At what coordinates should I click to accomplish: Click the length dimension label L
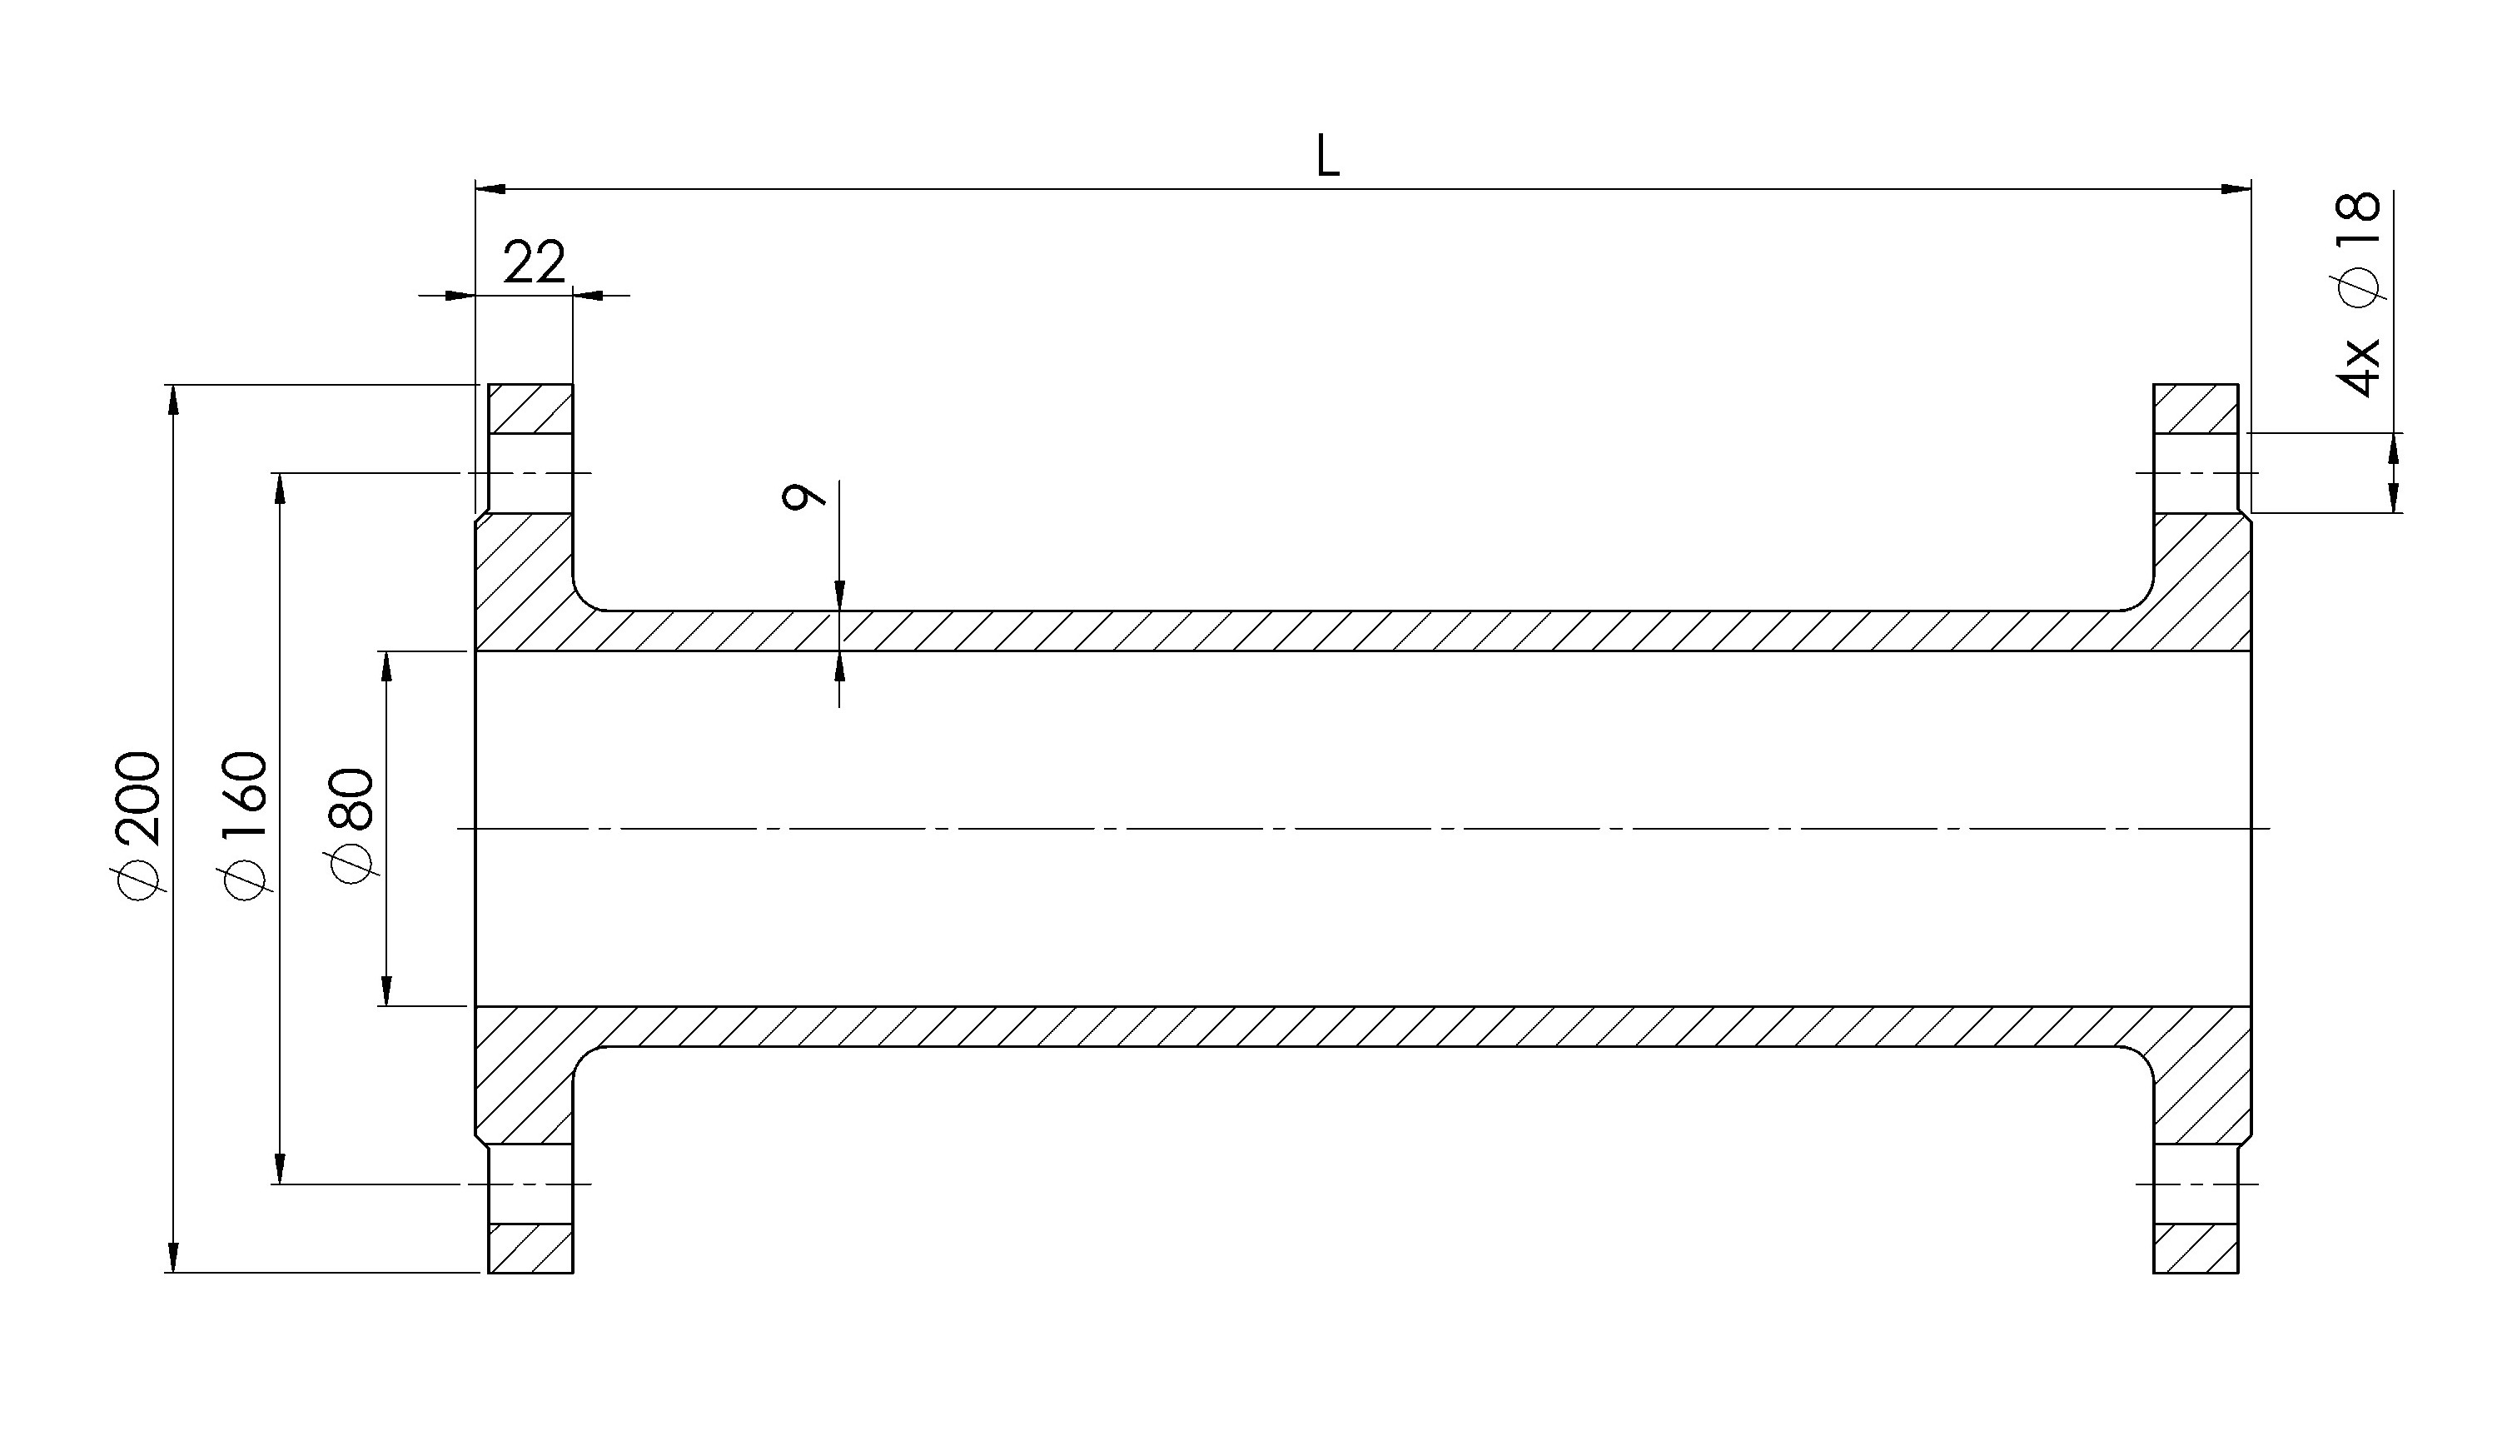click(1327, 157)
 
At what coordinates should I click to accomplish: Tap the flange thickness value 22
click(535, 262)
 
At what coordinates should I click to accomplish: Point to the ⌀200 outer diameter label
click(137, 825)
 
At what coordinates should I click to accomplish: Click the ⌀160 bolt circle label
click(245, 825)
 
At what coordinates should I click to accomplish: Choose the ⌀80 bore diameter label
click(353, 825)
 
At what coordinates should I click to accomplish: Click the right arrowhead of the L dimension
click(2236, 188)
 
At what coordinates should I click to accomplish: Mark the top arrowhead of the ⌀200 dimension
click(174, 399)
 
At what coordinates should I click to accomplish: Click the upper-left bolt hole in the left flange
click(530, 473)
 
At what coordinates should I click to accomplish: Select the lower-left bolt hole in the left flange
click(530, 1184)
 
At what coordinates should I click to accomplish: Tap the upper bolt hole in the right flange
click(2196, 473)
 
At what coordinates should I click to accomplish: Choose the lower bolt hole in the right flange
click(2196, 1184)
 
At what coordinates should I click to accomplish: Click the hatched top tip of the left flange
click(530, 408)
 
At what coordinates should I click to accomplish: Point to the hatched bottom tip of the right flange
click(2196, 1248)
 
